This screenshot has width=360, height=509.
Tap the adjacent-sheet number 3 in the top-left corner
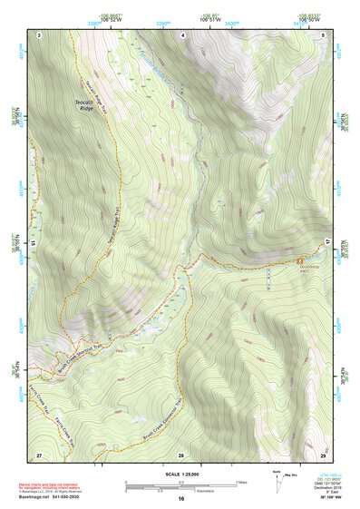coord(40,34)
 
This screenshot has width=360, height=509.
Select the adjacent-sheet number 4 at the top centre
coord(182,34)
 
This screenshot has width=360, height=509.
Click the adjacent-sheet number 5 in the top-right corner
coord(324,34)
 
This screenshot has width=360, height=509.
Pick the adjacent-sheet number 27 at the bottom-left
coord(39,454)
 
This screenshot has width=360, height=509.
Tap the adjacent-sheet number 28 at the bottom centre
coord(181,454)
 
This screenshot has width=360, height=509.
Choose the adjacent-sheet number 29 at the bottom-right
coord(324,454)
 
